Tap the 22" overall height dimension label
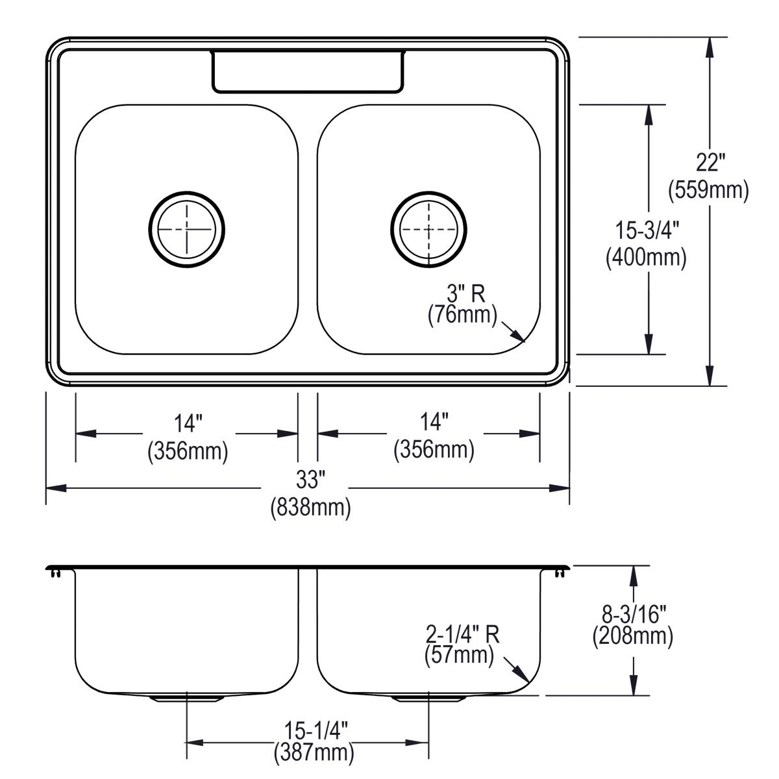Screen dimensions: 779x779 [x=708, y=163]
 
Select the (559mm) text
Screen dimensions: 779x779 [x=708, y=190]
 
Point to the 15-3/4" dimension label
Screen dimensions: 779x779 [x=646, y=231]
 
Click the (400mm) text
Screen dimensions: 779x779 [x=646, y=258]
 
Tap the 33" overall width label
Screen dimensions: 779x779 [x=310, y=480]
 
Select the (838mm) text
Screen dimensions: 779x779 [x=310, y=506]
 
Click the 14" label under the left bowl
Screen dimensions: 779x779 [x=188, y=424]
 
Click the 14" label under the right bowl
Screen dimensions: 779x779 [x=434, y=423]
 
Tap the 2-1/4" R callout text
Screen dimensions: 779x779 [x=462, y=634]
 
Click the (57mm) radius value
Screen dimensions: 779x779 [x=459, y=656]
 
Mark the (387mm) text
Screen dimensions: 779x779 [x=314, y=753]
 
